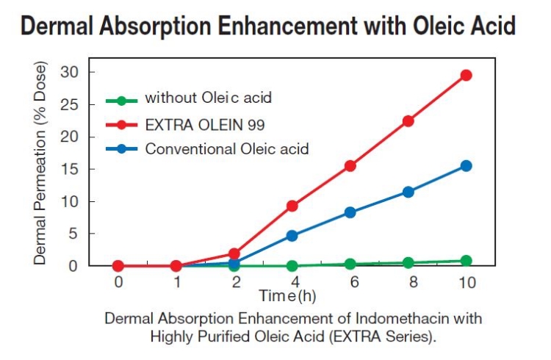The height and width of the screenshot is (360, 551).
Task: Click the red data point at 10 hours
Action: tap(466, 75)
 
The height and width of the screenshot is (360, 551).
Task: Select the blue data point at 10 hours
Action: tap(466, 166)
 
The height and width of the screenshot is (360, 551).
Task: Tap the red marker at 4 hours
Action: tap(292, 206)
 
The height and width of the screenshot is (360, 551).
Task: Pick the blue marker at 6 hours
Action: tap(350, 212)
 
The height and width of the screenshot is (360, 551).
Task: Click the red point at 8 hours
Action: tap(408, 121)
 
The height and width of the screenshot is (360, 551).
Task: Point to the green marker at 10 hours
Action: tap(466, 261)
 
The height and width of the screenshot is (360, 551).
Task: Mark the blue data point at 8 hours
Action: tap(408, 192)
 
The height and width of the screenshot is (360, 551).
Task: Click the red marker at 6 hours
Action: tap(350, 166)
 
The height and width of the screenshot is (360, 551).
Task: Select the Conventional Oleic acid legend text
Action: tap(227, 148)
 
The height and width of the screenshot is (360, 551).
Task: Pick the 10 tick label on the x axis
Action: tap(466, 281)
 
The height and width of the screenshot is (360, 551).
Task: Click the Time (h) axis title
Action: tap(287, 295)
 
